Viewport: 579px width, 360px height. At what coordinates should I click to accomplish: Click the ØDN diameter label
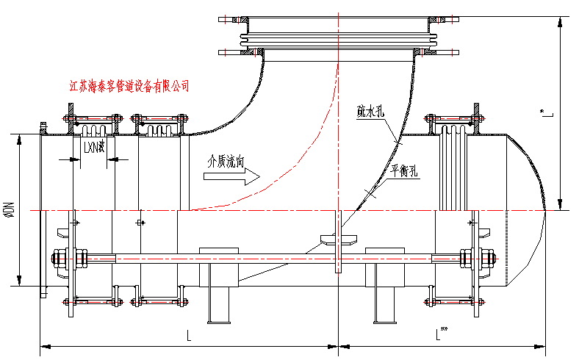click(10, 210)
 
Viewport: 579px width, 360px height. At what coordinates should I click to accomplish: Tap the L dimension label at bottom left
click(189, 336)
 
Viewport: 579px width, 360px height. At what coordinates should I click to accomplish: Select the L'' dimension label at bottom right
click(441, 335)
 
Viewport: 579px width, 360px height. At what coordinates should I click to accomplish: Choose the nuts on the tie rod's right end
click(475, 258)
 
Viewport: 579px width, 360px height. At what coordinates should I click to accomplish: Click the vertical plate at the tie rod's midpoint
click(338, 242)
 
